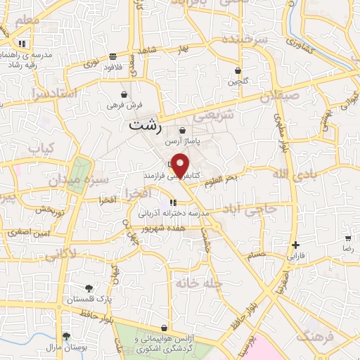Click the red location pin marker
(x=181, y=165)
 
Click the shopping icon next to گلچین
(x=238, y=71)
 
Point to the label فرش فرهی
(x=120, y=105)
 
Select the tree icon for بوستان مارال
(x=65, y=337)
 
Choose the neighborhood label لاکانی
(x=60, y=255)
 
